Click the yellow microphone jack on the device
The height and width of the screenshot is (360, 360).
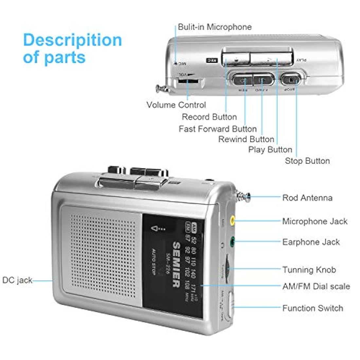point(232,221)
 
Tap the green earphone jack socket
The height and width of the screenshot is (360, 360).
point(232,242)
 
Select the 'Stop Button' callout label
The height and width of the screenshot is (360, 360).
point(307,161)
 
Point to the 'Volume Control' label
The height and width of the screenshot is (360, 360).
point(176,105)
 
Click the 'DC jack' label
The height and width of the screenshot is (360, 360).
point(17,280)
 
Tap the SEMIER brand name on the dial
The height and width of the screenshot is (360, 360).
point(176,264)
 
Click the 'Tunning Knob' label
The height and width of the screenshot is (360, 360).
point(309,270)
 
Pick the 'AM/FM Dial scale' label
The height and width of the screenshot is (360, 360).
point(316,286)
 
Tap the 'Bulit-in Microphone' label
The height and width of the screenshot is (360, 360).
point(215,27)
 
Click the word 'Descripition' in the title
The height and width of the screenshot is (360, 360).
point(72,40)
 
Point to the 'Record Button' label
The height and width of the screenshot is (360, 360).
point(209,117)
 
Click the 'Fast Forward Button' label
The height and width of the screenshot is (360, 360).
point(218,129)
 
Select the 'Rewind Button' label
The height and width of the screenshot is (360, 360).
point(246,139)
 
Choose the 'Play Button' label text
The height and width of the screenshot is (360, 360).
point(270,150)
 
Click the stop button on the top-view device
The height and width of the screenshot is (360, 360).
point(291,79)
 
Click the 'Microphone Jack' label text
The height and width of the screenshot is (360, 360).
point(315,221)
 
